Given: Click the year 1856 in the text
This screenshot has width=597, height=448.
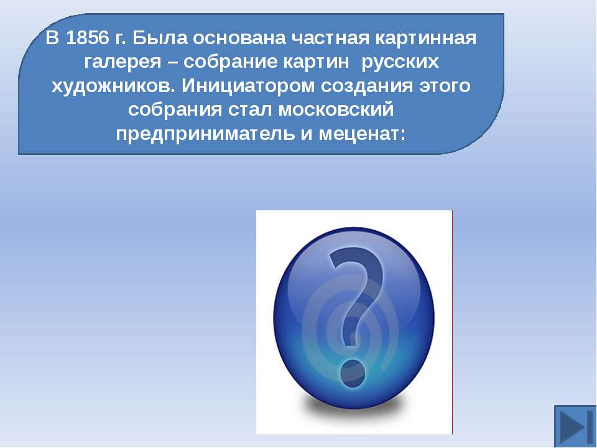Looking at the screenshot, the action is (87, 38).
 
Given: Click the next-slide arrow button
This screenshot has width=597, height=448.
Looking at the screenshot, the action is (575, 426).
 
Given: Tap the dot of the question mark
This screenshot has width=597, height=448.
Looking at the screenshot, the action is (353, 372).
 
